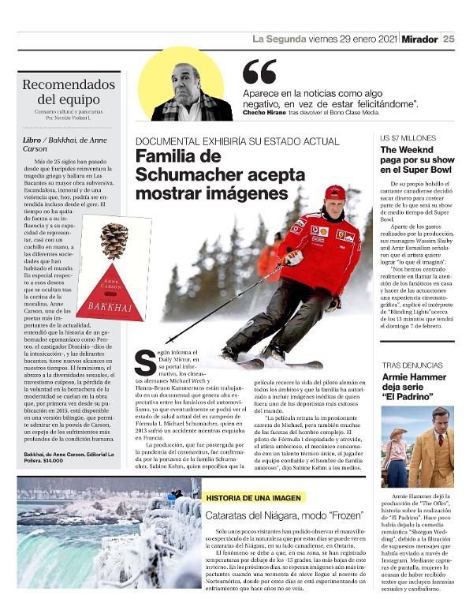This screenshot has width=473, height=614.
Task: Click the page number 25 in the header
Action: (449, 39)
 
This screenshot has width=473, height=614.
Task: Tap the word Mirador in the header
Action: (419, 39)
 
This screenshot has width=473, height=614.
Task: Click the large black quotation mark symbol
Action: (259, 72)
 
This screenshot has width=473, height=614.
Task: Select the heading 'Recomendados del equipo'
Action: (69, 92)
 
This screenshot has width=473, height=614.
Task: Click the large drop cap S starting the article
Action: (144, 362)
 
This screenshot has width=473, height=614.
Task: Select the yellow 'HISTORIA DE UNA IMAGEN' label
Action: (254, 498)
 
